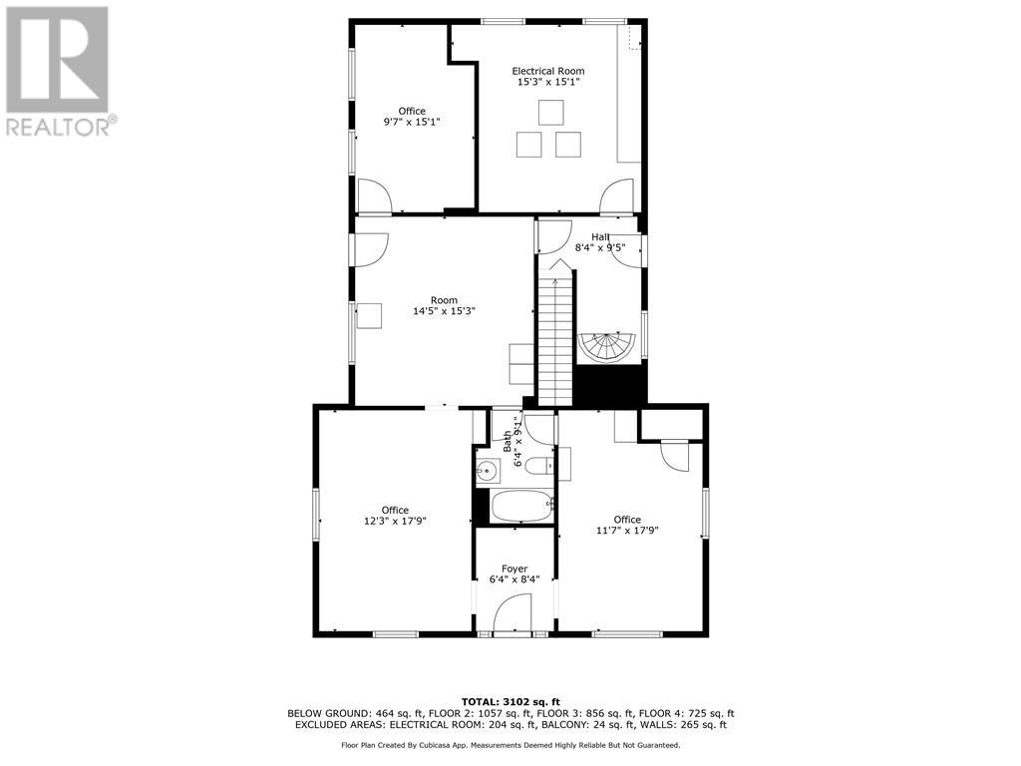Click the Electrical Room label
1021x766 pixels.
(x=547, y=71)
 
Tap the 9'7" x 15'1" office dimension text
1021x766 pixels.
(x=412, y=122)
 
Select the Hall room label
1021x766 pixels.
(x=600, y=236)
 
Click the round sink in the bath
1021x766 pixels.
(x=489, y=471)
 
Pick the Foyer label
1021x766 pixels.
(x=514, y=569)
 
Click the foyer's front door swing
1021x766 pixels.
(x=514, y=610)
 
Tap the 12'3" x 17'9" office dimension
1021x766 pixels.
(x=396, y=521)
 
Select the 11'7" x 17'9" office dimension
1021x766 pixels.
(x=627, y=531)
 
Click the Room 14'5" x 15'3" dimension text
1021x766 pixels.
(x=444, y=311)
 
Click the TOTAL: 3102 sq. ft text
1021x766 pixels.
(x=510, y=701)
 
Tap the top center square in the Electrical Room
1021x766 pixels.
(x=550, y=112)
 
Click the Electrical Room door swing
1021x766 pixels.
(x=616, y=195)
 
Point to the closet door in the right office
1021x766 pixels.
(x=674, y=457)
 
